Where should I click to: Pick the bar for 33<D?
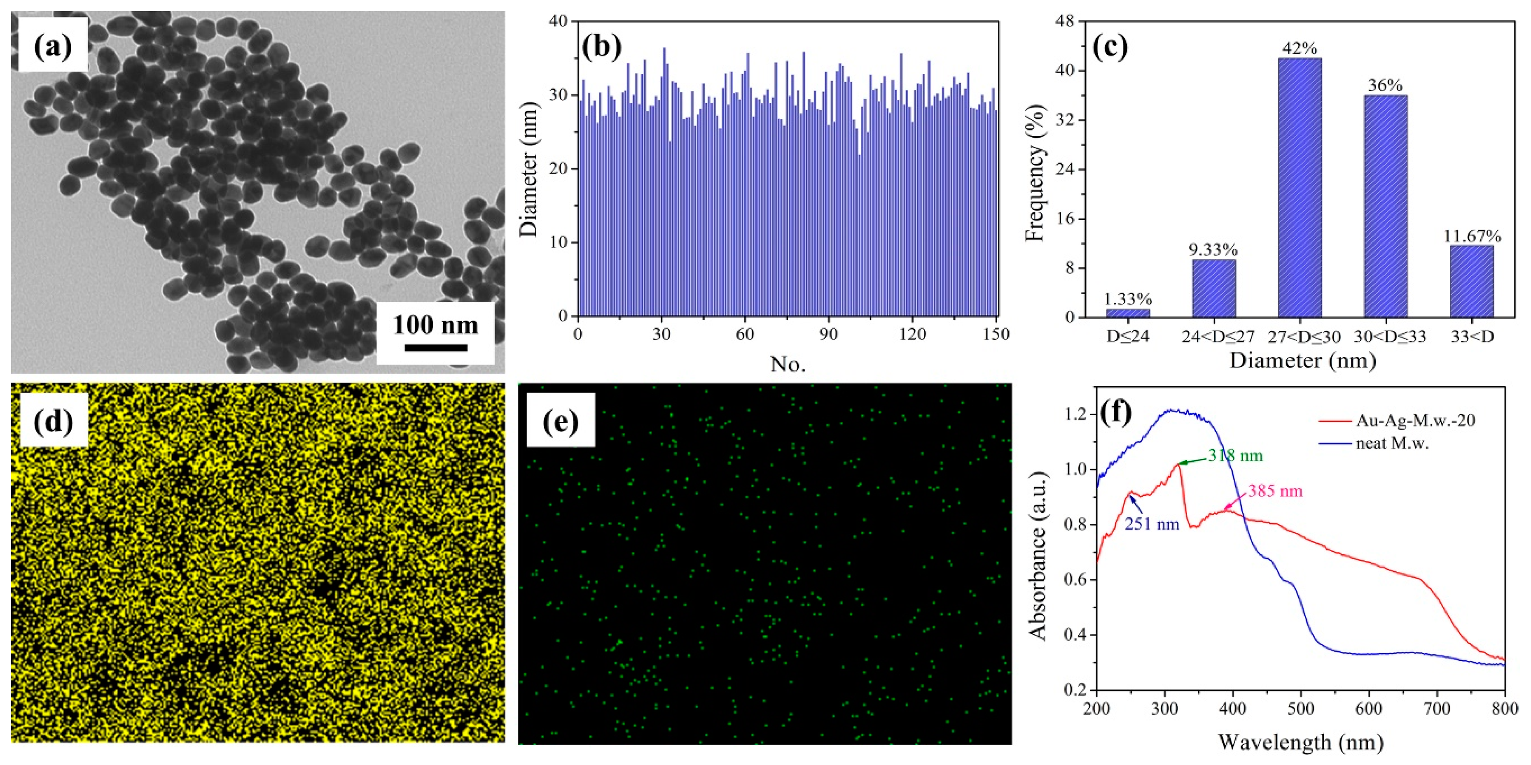tap(1472, 281)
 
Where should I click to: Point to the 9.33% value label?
tap(1213, 249)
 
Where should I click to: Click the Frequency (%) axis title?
tap(1035, 173)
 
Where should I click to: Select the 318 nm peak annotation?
tap(1235, 456)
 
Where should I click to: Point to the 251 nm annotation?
tap(1151, 524)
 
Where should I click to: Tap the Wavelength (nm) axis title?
tap(1300, 742)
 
